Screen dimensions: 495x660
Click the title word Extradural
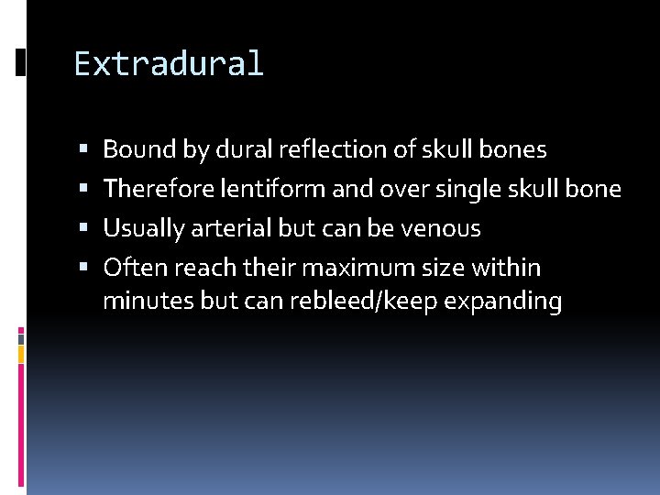coord(169,64)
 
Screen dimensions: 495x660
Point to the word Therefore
coord(156,189)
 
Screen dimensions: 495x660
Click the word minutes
coord(148,301)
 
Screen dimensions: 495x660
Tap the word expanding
coord(502,302)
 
